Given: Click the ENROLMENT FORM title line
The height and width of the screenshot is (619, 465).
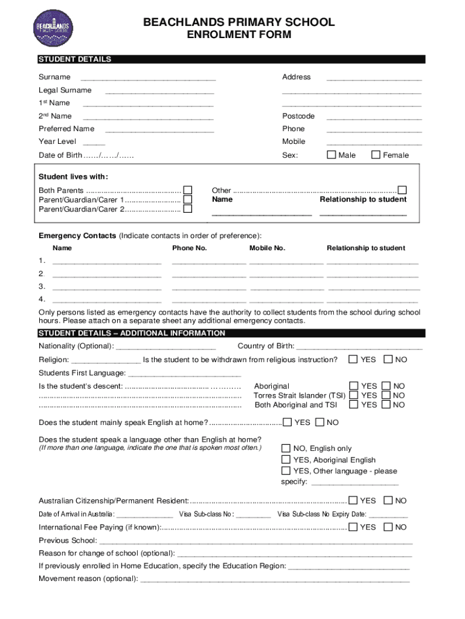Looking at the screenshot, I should click(239, 35).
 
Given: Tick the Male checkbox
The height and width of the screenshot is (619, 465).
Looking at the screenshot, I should click(331, 155).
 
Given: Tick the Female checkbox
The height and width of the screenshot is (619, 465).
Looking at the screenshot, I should click(376, 155).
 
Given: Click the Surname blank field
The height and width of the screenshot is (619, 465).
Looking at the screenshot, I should click(148, 78).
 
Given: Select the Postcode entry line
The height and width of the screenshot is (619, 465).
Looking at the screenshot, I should click(374, 117).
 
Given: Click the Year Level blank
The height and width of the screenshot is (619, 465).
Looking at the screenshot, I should click(94, 143).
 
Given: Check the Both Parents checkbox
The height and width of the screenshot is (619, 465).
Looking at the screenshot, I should click(188, 190).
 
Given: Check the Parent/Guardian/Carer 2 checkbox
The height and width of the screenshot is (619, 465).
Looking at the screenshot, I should click(188, 209).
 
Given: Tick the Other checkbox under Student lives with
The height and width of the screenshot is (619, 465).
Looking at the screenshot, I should click(402, 190).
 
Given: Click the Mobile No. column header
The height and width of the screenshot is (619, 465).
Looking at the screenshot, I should click(267, 248).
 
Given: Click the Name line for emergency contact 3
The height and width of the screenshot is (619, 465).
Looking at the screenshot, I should click(107, 287).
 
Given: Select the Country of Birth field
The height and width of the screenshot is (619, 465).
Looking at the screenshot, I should click(359, 347).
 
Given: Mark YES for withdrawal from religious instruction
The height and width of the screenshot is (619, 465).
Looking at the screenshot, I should click(353, 360).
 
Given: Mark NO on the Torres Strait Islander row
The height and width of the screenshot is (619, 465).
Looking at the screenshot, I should click(386, 395).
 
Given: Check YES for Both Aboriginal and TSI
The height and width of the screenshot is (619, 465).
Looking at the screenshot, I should click(353, 405).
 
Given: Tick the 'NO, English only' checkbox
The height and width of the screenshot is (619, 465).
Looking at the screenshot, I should click(286, 449).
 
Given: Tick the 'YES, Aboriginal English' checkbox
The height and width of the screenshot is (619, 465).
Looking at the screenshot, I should click(286, 460).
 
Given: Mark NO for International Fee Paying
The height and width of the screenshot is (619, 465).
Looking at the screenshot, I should click(388, 527).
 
